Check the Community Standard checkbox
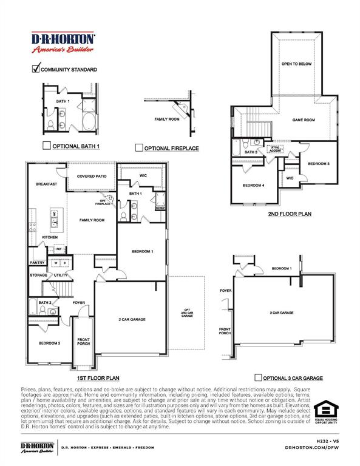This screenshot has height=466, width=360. click(35, 69)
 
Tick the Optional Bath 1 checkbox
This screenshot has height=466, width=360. click(46, 146)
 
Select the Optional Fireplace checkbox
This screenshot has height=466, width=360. click(139, 147)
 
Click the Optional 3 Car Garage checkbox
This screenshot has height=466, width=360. click(259, 377)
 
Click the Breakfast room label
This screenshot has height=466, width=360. click(46, 184)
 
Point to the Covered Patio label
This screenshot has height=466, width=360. click(92, 176)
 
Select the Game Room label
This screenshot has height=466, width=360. click(304, 120)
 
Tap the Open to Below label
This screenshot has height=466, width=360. click(296, 62)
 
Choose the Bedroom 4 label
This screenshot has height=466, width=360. click(254, 185)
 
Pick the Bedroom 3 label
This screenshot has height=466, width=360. click(318, 164)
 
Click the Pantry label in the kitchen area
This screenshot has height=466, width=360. click(36, 263)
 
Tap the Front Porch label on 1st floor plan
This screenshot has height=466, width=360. click(84, 341)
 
